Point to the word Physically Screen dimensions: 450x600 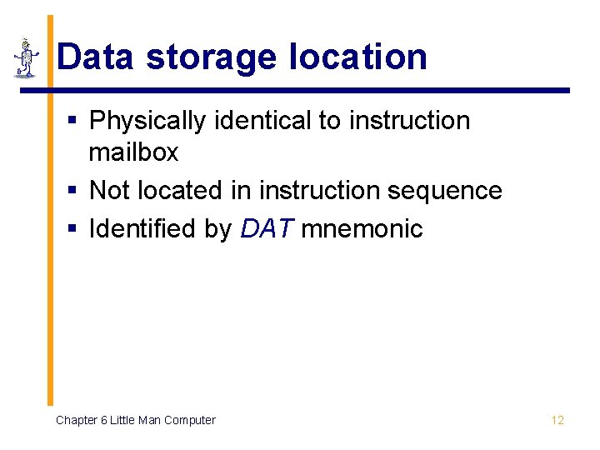click(x=147, y=122)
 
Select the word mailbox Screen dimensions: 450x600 click(x=133, y=153)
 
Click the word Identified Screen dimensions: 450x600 click(x=142, y=228)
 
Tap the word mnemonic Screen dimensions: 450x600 click(x=362, y=228)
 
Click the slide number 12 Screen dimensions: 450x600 click(x=557, y=420)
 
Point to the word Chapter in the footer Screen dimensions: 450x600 click(x=76, y=420)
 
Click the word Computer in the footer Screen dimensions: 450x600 click(x=189, y=420)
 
